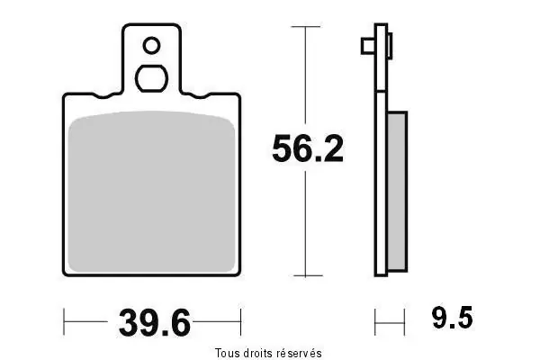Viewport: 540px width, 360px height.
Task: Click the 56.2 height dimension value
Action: tap(308, 148)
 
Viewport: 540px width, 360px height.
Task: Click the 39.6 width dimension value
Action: tap(154, 323)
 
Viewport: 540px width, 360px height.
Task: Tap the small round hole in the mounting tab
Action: tap(151, 45)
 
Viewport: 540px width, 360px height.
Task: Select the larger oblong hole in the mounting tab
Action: tap(151, 78)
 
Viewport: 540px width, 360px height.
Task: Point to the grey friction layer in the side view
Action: tap(398, 192)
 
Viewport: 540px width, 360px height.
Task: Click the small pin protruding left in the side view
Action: tap(368, 46)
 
